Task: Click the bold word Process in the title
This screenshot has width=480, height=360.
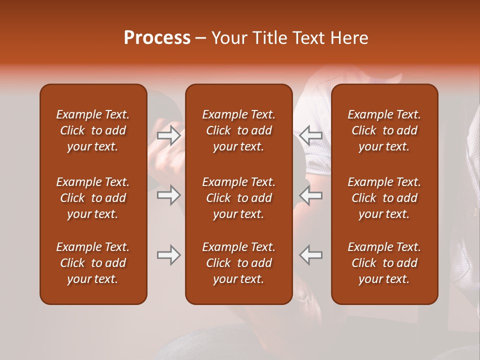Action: pos(157,38)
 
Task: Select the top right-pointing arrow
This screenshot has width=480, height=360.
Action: pos(168,135)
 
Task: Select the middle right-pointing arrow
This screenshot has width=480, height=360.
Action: pos(168,195)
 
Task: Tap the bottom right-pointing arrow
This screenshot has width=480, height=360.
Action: pos(168,255)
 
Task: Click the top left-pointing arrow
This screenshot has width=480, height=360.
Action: pos(311,135)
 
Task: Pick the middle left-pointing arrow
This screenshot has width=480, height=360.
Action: pos(311,195)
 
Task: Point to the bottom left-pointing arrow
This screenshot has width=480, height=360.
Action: pos(311,255)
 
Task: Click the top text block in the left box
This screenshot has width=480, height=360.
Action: pos(93,130)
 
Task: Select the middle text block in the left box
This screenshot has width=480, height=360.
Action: pos(93,198)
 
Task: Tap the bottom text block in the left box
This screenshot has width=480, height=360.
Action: pos(93,263)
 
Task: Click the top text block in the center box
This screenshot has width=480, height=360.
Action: pos(238,130)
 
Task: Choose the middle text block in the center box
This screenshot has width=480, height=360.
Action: pos(238,198)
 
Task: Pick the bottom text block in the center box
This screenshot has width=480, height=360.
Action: pos(238,263)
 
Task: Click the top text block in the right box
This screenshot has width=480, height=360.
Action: pos(384,130)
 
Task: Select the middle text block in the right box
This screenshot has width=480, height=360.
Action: pos(384,198)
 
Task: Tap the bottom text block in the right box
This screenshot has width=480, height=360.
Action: pos(384,263)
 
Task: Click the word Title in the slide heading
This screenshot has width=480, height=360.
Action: pos(269,38)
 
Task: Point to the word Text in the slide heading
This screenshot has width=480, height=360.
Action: pos(308,38)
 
